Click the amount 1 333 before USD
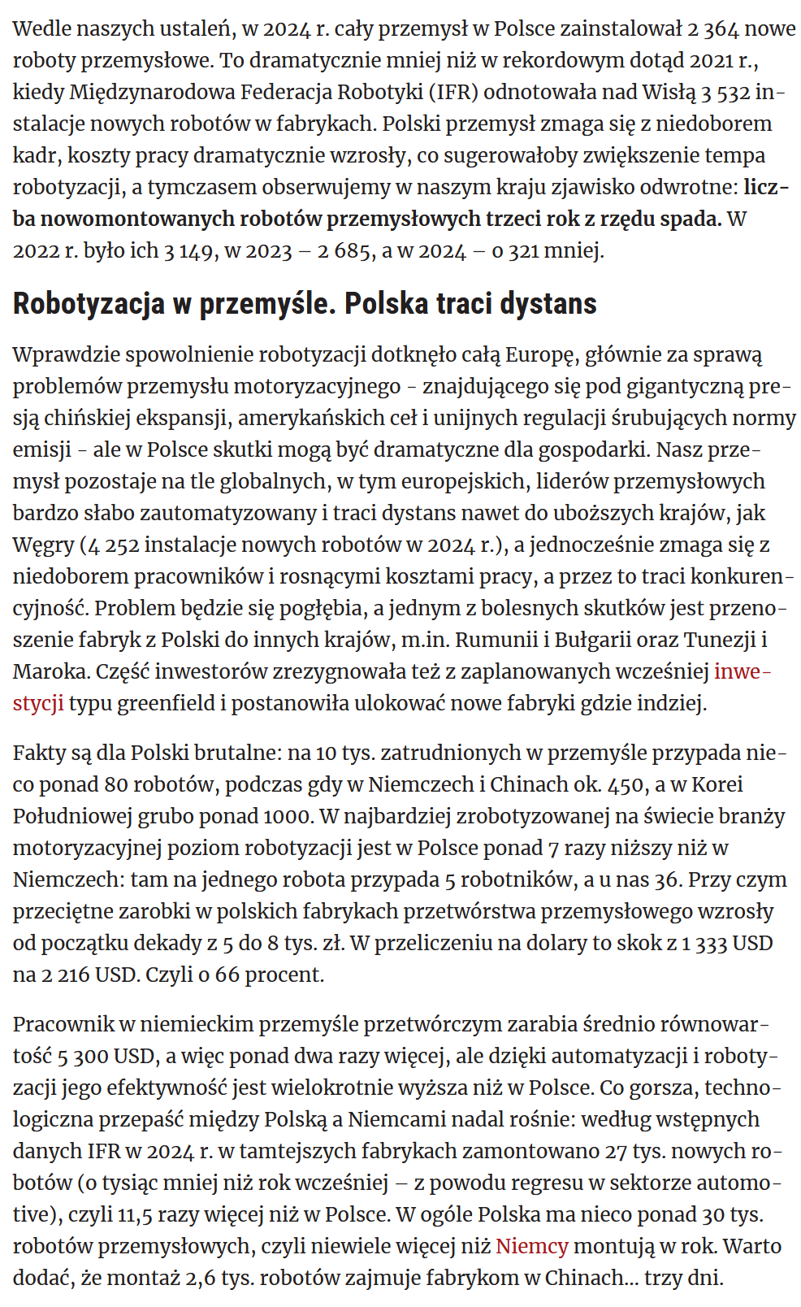click(698, 943)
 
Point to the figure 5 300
click(84, 1056)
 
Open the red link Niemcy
click(531, 1246)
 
